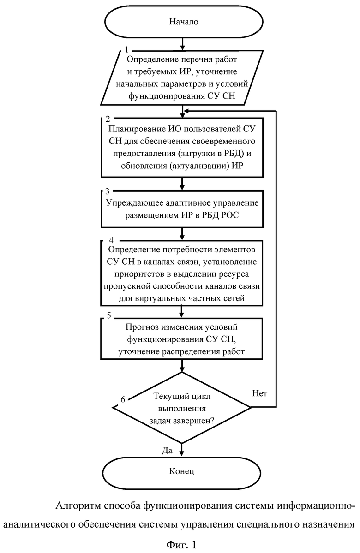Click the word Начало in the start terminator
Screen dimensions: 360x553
[184, 22]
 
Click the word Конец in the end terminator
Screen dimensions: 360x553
[182, 471]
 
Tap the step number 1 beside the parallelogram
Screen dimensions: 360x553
[127, 50]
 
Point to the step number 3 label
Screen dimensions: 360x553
[107, 191]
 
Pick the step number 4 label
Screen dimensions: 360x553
[111, 240]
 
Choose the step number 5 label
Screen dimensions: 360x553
[109, 315]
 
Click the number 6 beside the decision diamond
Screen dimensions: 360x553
[123, 399]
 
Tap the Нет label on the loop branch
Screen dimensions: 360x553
[260, 393]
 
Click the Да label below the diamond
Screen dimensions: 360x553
[167, 450]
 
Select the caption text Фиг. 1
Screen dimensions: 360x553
[181, 545]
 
